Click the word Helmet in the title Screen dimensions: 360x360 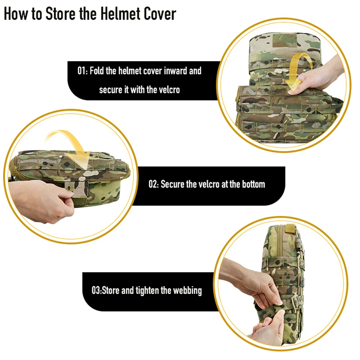[x=120, y=14]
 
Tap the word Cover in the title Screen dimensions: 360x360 [x=160, y=14]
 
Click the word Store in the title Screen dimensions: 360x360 [x=60, y=14]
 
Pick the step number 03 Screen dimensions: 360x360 [x=96, y=291]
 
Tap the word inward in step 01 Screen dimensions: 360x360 [x=176, y=71]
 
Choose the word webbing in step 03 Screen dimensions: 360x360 [x=187, y=291]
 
